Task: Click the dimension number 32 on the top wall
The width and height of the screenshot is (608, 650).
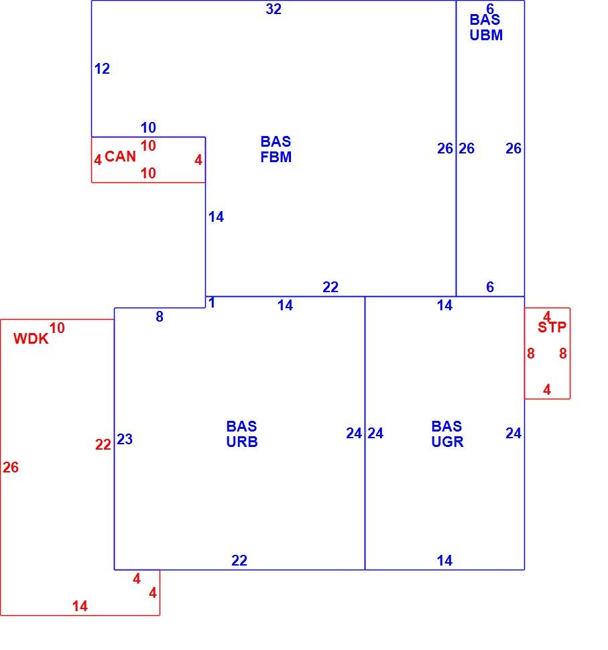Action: [273, 9]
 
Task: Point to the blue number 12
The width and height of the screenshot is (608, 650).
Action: [102, 69]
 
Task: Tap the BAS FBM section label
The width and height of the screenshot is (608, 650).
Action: [276, 149]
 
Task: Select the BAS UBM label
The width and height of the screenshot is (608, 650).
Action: [485, 27]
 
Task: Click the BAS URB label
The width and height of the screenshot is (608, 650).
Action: [242, 434]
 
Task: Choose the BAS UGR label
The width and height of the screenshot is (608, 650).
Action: [447, 434]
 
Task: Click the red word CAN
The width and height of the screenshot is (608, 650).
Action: [120, 157]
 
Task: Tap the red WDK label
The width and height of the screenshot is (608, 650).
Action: [31, 339]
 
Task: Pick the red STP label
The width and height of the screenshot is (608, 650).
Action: [552, 328]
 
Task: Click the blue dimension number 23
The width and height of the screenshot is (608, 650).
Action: [125, 439]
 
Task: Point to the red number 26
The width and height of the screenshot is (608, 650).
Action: [11, 468]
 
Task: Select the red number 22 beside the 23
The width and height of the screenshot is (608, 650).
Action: [103, 445]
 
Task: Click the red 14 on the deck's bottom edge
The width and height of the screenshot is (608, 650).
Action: [80, 606]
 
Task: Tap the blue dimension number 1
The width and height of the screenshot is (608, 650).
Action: [212, 303]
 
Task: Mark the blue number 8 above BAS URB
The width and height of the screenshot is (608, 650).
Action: [160, 317]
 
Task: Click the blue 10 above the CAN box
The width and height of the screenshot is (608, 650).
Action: [148, 128]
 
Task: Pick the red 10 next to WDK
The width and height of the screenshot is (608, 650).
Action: [57, 328]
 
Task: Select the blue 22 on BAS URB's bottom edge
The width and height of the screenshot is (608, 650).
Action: [239, 561]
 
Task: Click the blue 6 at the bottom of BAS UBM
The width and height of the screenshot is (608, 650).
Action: [490, 287]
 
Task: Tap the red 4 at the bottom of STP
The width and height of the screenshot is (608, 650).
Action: [547, 390]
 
